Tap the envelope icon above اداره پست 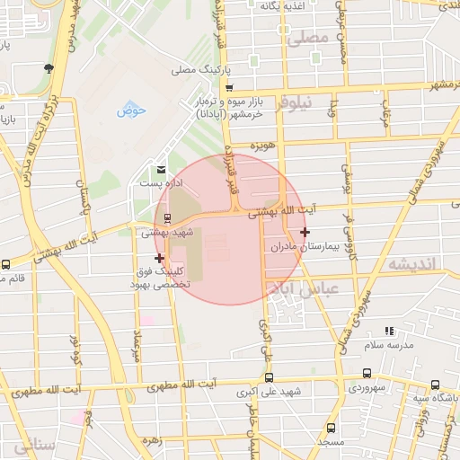click(161, 169)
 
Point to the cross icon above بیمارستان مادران click(305, 232)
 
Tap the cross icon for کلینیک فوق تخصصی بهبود click(160, 258)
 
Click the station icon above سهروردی click(367, 374)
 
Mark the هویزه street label click(262, 146)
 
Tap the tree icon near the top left click(48, 67)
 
